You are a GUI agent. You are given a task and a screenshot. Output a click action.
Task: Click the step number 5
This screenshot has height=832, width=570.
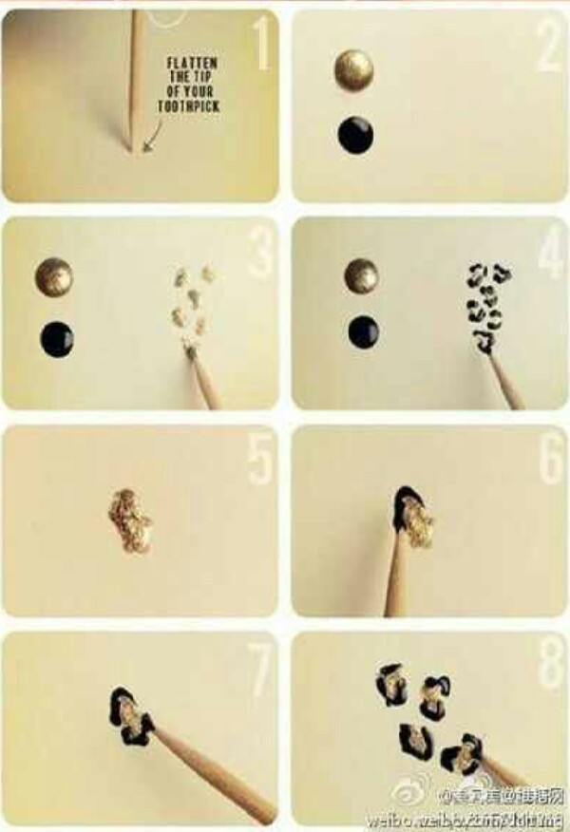pyautogui.click(x=259, y=458)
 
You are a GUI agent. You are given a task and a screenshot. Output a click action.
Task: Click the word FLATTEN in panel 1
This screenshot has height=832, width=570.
pyautogui.click(x=195, y=64)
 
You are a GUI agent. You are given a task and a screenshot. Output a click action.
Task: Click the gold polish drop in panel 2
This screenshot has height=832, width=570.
pyautogui.click(x=353, y=70)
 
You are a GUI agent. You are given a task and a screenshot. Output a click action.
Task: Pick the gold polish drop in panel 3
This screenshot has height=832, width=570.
pyautogui.click(x=54, y=276)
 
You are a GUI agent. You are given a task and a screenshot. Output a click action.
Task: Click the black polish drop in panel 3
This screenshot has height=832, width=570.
pyautogui.click(x=57, y=339)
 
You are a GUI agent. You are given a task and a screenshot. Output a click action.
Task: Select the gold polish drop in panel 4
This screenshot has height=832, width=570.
pyautogui.click(x=361, y=275)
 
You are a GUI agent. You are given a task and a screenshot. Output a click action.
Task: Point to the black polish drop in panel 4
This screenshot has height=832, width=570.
pyautogui.click(x=363, y=331)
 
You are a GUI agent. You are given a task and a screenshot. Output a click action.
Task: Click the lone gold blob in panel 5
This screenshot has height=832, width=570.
pyautogui.click(x=129, y=520)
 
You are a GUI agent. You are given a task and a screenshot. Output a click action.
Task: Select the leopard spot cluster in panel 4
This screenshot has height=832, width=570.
pyautogui.click(x=486, y=304)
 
